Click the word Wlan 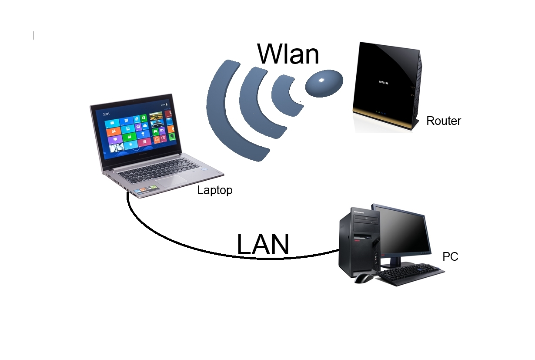[288, 54]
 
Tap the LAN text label [263, 244]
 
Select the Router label [443, 121]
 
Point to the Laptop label [214, 190]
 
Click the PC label [450, 257]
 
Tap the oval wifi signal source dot [324, 82]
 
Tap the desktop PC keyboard [411, 274]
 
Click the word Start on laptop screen [106, 114]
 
